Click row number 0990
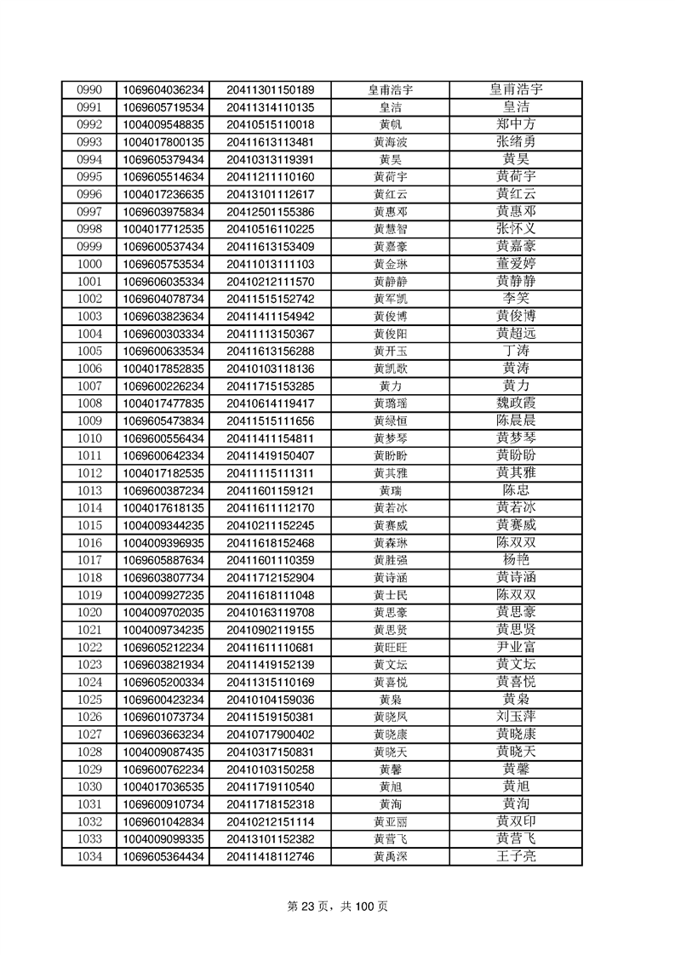(x=89, y=89)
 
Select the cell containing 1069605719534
(x=163, y=107)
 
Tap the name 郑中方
(x=516, y=124)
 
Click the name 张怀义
(x=516, y=229)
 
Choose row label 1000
(x=89, y=264)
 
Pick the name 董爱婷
(x=516, y=264)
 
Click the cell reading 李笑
(x=516, y=299)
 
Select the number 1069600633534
(x=163, y=351)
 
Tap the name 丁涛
(x=516, y=351)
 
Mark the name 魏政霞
(x=516, y=403)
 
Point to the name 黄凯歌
(x=390, y=369)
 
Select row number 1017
(x=89, y=560)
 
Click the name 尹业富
(x=516, y=647)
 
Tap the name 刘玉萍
(x=516, y=717)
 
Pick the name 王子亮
(x=516, y=856)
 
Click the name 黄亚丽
(x=390, y=821)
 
